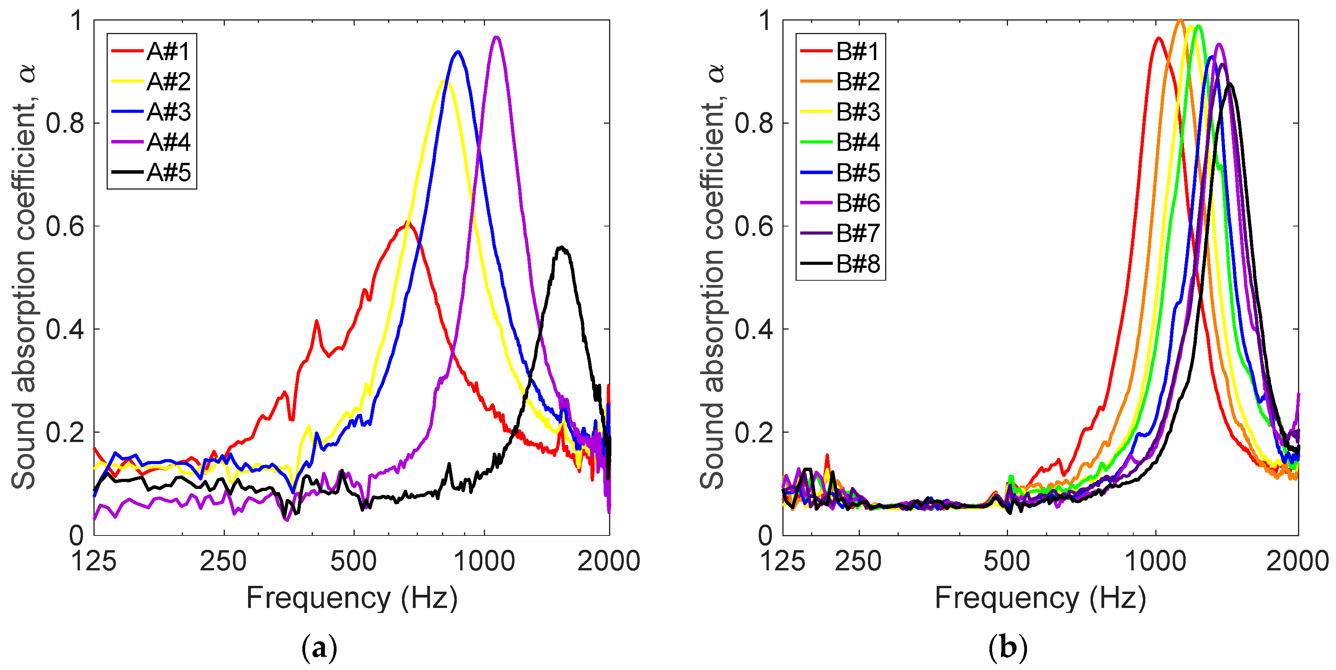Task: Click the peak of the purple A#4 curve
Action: coord(496,37)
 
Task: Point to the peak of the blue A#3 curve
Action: coord(457,51)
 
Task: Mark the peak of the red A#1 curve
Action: coord(407,223)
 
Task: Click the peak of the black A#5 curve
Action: coord(561,247)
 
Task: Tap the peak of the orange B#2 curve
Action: coord(1180,20)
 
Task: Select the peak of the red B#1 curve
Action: coord(1158,38)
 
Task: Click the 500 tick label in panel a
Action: coord(354,561)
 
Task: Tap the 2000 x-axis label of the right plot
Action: coord(1296,561)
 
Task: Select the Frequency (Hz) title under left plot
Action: coord(352,598)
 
